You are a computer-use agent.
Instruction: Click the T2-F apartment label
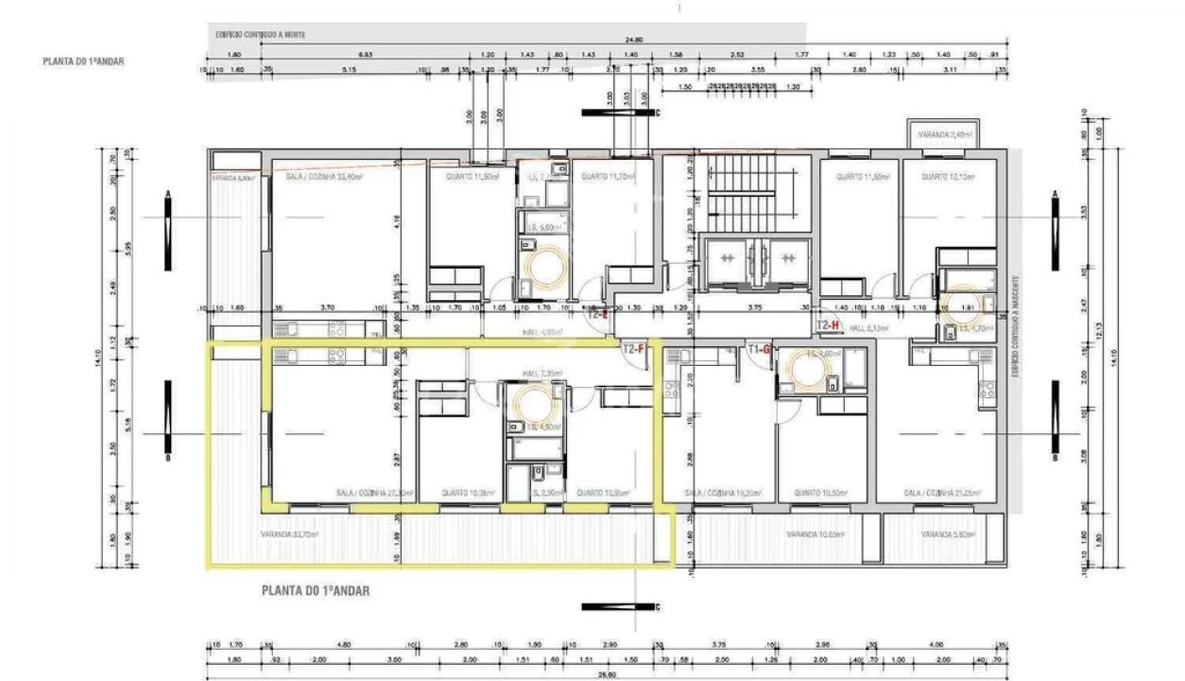633,348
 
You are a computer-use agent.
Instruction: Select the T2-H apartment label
828,324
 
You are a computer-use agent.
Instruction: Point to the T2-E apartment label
598,315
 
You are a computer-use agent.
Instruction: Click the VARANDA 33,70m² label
289,533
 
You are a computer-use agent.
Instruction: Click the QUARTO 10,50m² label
820,493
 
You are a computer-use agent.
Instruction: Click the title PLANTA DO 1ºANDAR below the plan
315,590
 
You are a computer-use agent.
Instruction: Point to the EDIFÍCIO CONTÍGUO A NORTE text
260,33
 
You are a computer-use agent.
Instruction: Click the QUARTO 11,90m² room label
472,176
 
